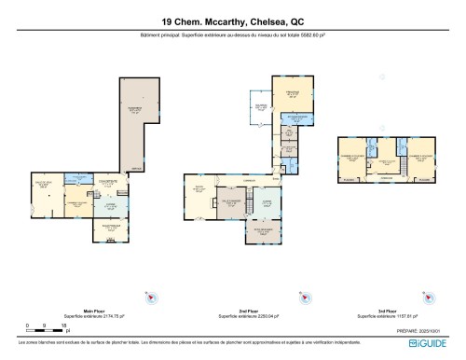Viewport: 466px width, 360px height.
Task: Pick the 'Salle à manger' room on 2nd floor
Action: point(231,202)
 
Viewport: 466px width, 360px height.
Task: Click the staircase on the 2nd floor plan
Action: point(276,184)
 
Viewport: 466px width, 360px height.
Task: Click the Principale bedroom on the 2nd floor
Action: point(292,97)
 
